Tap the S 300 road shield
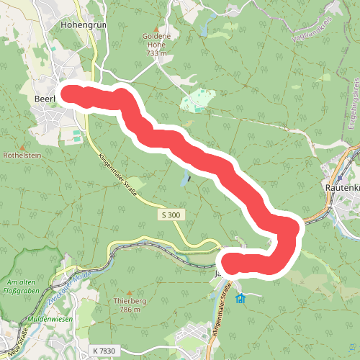(170, 216)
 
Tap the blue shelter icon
(240, 298)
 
